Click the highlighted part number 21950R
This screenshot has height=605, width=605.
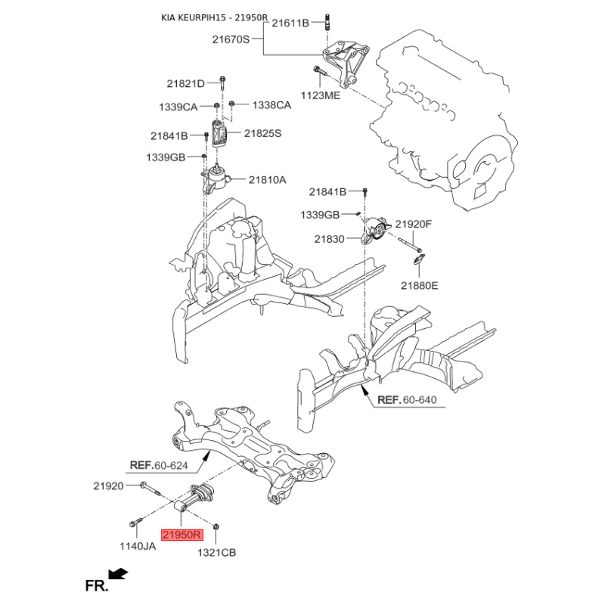point(181,535)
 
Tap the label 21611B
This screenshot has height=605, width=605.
point(290,23)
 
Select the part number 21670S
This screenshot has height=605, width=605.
point(231,39)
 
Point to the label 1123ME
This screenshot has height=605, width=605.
point(321,95)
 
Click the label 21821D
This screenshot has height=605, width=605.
point(185,83)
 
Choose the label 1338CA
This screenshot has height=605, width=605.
point(271,105)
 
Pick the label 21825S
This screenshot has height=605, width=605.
point(262,134)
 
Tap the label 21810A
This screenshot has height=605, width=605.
point(268,180)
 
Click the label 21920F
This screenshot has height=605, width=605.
point(413,224)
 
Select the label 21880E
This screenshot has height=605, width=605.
point(420,286)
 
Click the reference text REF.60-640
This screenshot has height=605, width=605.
point(407,400)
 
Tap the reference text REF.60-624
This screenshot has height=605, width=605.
point(159,465)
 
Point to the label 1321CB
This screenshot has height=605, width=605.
point(216,553)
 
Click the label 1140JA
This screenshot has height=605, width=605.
point(138,546)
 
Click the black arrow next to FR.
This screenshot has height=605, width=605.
point(119,574)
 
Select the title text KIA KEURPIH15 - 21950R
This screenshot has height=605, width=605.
point(215,17)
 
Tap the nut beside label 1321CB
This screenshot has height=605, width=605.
point(216,526)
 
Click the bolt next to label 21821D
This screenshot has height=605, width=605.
point(222,83)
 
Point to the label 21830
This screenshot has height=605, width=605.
point(329,239)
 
